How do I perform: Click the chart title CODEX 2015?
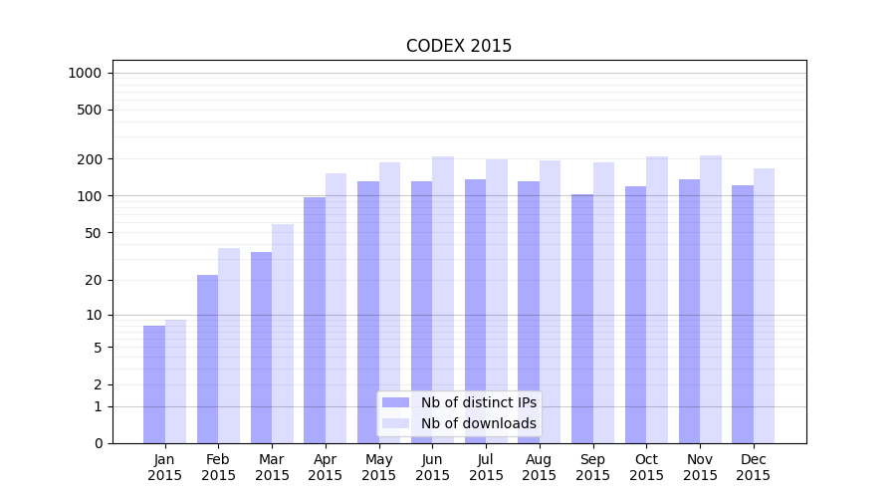coord(458,46)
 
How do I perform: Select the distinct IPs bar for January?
coord(154,384)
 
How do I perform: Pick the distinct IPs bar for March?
coord(261,348)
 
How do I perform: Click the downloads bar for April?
coord(336,308)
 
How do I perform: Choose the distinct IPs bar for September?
coord(582,319)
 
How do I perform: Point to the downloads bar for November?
coord(711,299)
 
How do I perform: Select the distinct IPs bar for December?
coord(743,314)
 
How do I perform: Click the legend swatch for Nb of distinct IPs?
coord(396,402)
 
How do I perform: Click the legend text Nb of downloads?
coord(478,423)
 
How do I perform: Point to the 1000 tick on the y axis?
coord(85,73)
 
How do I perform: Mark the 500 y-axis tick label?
coord(90,110)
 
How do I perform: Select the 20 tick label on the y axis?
coord(94,280)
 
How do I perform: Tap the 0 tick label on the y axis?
coord(98,443)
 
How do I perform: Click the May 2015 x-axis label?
coord(378,467)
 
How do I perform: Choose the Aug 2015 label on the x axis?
coord(540,467)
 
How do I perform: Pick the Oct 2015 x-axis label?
coord(646,467)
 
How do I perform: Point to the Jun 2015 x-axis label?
coord(432,467)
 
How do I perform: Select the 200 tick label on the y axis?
coord(90,159)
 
